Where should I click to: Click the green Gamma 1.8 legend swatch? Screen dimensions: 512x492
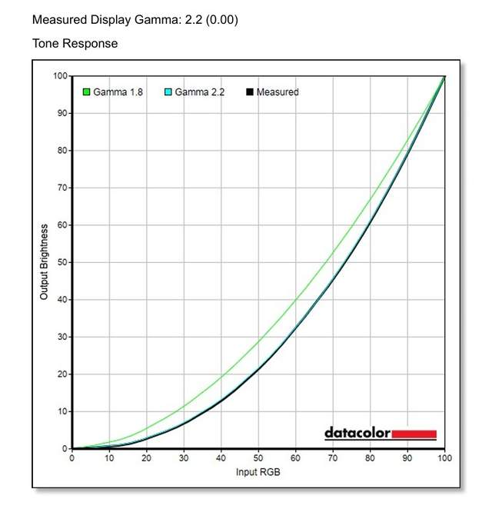(x=87, y=92)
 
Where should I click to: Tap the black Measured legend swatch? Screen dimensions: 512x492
(x=249, y=92)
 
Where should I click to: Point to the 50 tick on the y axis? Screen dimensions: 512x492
(x=61, y=262)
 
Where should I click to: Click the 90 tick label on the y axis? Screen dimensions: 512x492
(x=61, y=113)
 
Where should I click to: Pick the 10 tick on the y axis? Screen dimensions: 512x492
(x=61, y=411)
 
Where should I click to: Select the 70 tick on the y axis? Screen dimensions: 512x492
(x=61, y=188)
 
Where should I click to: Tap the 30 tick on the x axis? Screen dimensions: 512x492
(x=184, y=458)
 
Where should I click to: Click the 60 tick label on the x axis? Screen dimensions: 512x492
(x=296, y=458)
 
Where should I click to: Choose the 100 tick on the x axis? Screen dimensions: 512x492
(x=444, y=458)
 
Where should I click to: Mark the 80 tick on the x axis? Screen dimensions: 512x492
(x=371, y=458)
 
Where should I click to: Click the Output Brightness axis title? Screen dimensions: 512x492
(x=45, y=262)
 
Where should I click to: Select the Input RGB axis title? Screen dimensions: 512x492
(x=258, y=471)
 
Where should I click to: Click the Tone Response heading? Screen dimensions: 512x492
(x=75, y=44)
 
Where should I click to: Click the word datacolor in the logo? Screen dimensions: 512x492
(x=357, y=434)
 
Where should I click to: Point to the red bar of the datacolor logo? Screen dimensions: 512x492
(x=414, y=434)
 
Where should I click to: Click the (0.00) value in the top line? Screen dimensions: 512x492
(x=222, y=19)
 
